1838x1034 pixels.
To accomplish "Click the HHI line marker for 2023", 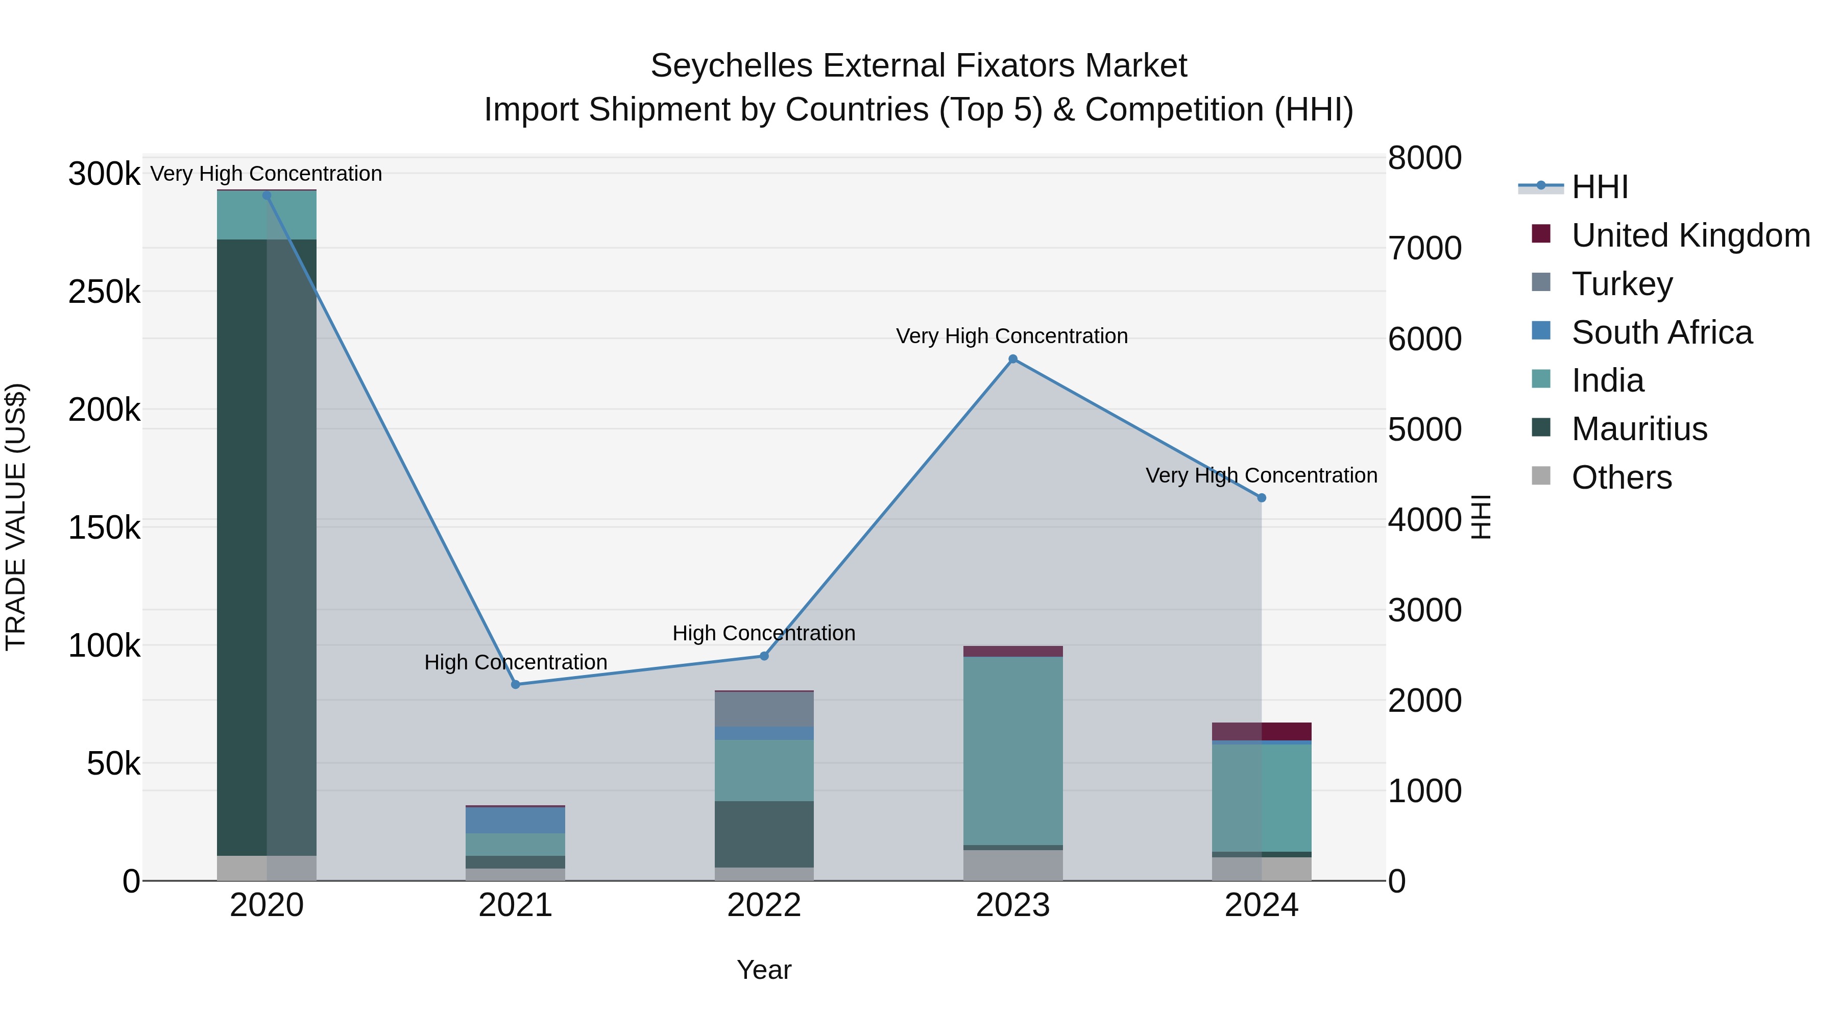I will pos(1012,359).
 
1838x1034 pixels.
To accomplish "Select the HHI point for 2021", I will pos(516,684).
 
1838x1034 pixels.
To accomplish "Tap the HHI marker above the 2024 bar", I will pos(1262,498).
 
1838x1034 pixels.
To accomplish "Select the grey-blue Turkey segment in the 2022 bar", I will pos(764,709).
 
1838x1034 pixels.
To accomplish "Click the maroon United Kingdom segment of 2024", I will pos(1262,731).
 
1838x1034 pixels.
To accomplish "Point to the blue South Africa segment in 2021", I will pos(515,820).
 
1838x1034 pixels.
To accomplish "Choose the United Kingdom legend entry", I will pos(1689,235).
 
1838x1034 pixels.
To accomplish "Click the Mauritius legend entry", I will pos(1638,429).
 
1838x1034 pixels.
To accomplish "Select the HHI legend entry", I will pos(1599,187).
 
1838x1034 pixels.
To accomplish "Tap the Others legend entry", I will pos(1621,477).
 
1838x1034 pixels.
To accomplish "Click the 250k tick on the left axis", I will pos(104,292).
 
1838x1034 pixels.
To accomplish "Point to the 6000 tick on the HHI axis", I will pos(1424,339).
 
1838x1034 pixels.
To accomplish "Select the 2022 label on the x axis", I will pos(764,905).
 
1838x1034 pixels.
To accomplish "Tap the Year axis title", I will pos(764,970).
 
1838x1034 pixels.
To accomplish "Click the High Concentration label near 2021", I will pos(515,662).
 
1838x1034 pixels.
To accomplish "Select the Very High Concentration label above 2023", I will pos(1012,336).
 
